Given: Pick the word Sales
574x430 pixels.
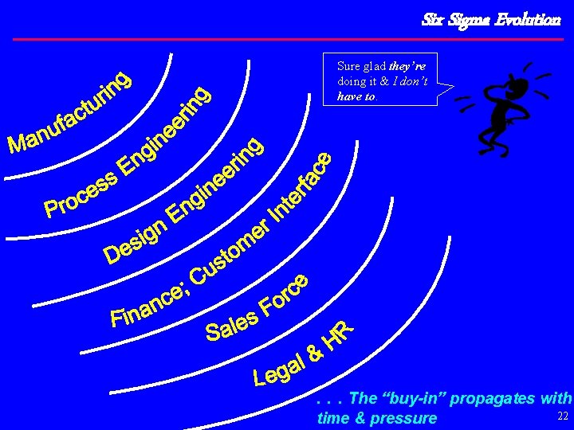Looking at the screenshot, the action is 232,321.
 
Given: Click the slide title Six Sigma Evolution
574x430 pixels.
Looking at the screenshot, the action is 491,19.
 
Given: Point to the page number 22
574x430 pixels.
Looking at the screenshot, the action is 563,416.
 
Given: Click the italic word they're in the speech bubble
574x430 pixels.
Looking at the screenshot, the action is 411,67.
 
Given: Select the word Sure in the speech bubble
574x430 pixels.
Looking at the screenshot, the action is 348,67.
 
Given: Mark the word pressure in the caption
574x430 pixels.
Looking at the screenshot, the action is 404,418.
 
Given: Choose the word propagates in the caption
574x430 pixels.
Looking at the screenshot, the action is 493,398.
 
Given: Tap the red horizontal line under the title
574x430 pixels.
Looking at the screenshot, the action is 287,38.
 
